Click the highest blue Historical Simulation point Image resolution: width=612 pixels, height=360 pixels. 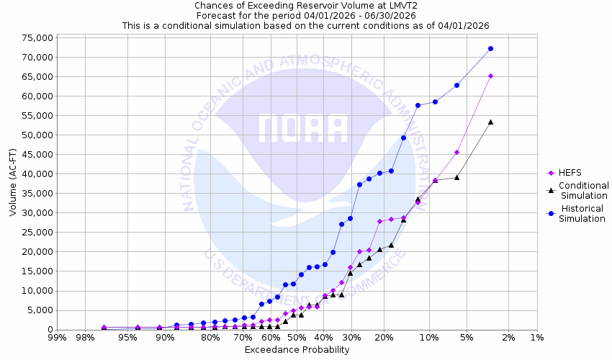[x=490, y=48]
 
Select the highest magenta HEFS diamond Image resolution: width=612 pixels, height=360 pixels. [x=490, y=76]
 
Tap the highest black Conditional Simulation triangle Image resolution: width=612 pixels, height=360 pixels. [x=490, y=122]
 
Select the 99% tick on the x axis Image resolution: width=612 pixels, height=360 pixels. [x=58, y=337]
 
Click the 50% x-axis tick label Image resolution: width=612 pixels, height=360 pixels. [x=296, y=337]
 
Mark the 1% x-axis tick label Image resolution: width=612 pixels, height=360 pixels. [x=537, y=337]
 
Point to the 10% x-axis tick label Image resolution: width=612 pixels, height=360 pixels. [x=429, y=337]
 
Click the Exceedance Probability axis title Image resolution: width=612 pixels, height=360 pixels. [x=297, y=350]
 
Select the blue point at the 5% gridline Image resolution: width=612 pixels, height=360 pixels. [x=456, y=85]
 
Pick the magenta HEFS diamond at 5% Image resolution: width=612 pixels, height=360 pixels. [x=456, y=152]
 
